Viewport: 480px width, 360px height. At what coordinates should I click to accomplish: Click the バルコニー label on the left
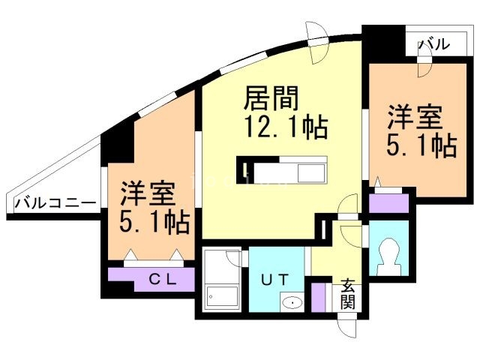[54, 203]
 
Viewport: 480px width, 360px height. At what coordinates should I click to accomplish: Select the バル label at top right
[434, 44]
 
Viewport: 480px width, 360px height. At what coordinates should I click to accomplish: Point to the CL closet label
[162, 280]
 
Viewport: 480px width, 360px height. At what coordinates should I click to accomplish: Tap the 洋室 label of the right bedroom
[415, 118]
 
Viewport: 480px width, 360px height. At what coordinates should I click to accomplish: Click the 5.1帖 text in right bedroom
[422, 145]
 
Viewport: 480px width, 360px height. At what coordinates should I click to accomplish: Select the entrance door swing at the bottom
[349, 327]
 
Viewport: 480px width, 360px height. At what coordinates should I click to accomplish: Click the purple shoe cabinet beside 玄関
[319, 295]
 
